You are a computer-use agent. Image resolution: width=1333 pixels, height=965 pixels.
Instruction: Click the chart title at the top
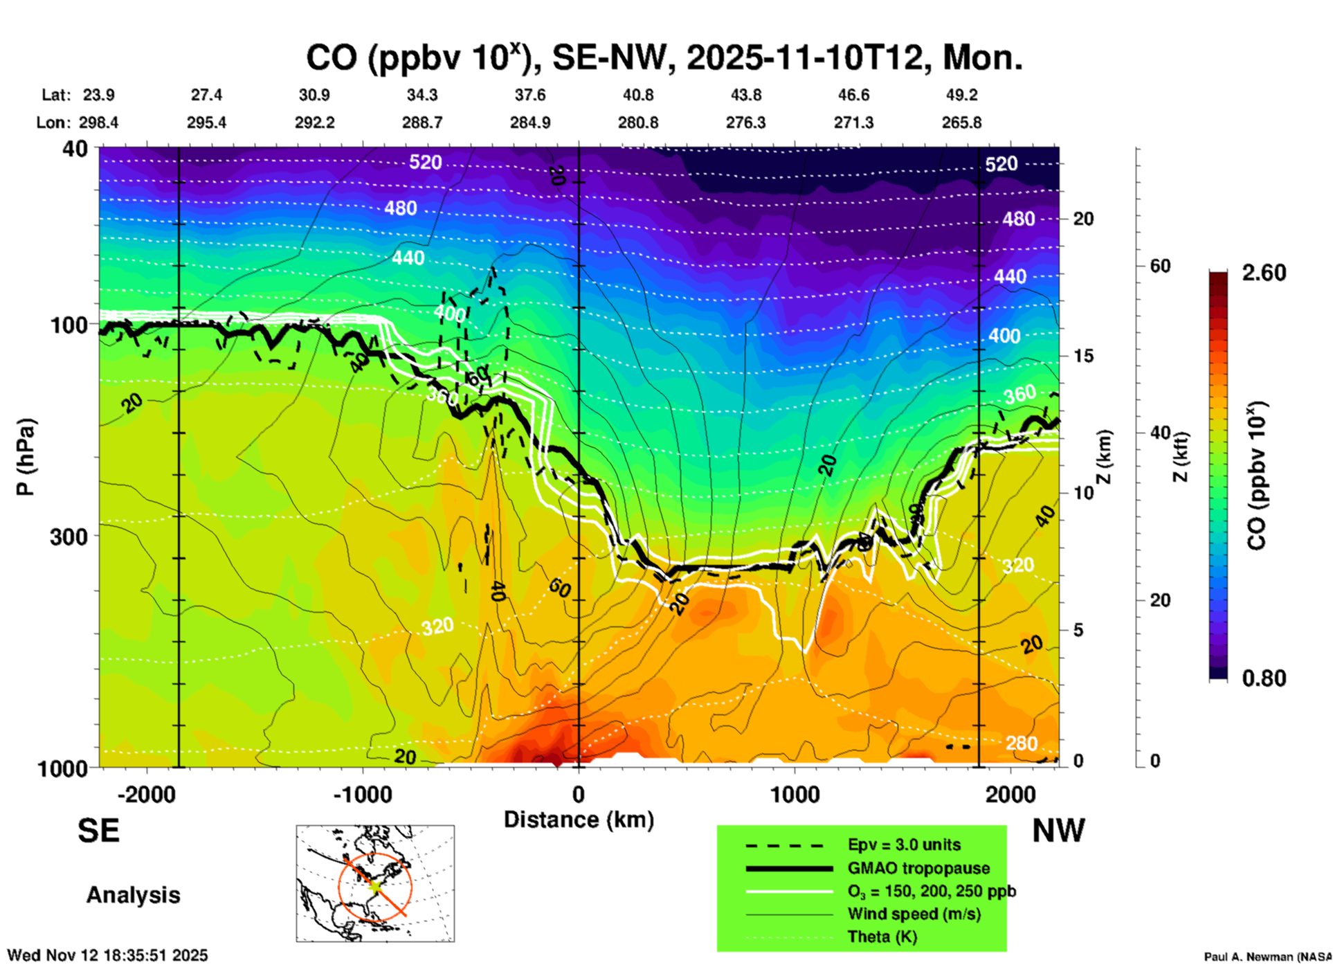(x=664, y=57)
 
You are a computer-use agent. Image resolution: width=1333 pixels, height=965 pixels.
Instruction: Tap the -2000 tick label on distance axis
(x=146, y=794)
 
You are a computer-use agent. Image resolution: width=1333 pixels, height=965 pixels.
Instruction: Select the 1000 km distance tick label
(x=795, y=794)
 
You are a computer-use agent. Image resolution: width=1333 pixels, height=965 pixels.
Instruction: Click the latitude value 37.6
(x=529, y=95)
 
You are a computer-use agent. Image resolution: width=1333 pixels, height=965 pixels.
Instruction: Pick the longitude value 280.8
(x=637, y=123)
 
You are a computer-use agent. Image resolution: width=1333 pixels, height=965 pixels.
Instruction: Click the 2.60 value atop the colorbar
(x=1264, y=273)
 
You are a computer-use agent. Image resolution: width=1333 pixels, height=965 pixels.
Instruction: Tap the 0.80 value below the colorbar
(x=1264, y=678)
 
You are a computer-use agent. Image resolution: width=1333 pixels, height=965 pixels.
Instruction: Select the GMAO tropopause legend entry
(x=918, y=868)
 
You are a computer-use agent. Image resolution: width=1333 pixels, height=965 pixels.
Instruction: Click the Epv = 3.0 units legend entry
(x=904, y=845)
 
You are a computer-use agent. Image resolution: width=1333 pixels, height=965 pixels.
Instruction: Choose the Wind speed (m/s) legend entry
(x=914, y=914)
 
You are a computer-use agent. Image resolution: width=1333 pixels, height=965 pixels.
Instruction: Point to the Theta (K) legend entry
(x=882, y=937)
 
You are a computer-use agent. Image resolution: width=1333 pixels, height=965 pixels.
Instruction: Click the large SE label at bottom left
(x=98, y=830)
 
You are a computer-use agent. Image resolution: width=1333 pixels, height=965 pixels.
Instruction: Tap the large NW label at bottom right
(x=1058, y=830)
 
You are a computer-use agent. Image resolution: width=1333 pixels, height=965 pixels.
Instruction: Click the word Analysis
(x=133, y=894)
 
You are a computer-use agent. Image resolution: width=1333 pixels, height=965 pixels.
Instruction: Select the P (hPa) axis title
(x=25, y=457)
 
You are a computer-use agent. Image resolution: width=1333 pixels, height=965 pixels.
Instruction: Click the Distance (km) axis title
(x=579, y=820)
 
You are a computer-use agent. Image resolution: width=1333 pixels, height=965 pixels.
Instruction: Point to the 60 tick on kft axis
(x=1160, y=266)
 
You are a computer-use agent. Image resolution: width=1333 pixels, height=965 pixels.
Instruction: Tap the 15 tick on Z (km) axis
(x=1083, y=356)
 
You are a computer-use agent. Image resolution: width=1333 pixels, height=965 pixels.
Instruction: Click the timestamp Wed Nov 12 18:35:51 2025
(x=107, y=955)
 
